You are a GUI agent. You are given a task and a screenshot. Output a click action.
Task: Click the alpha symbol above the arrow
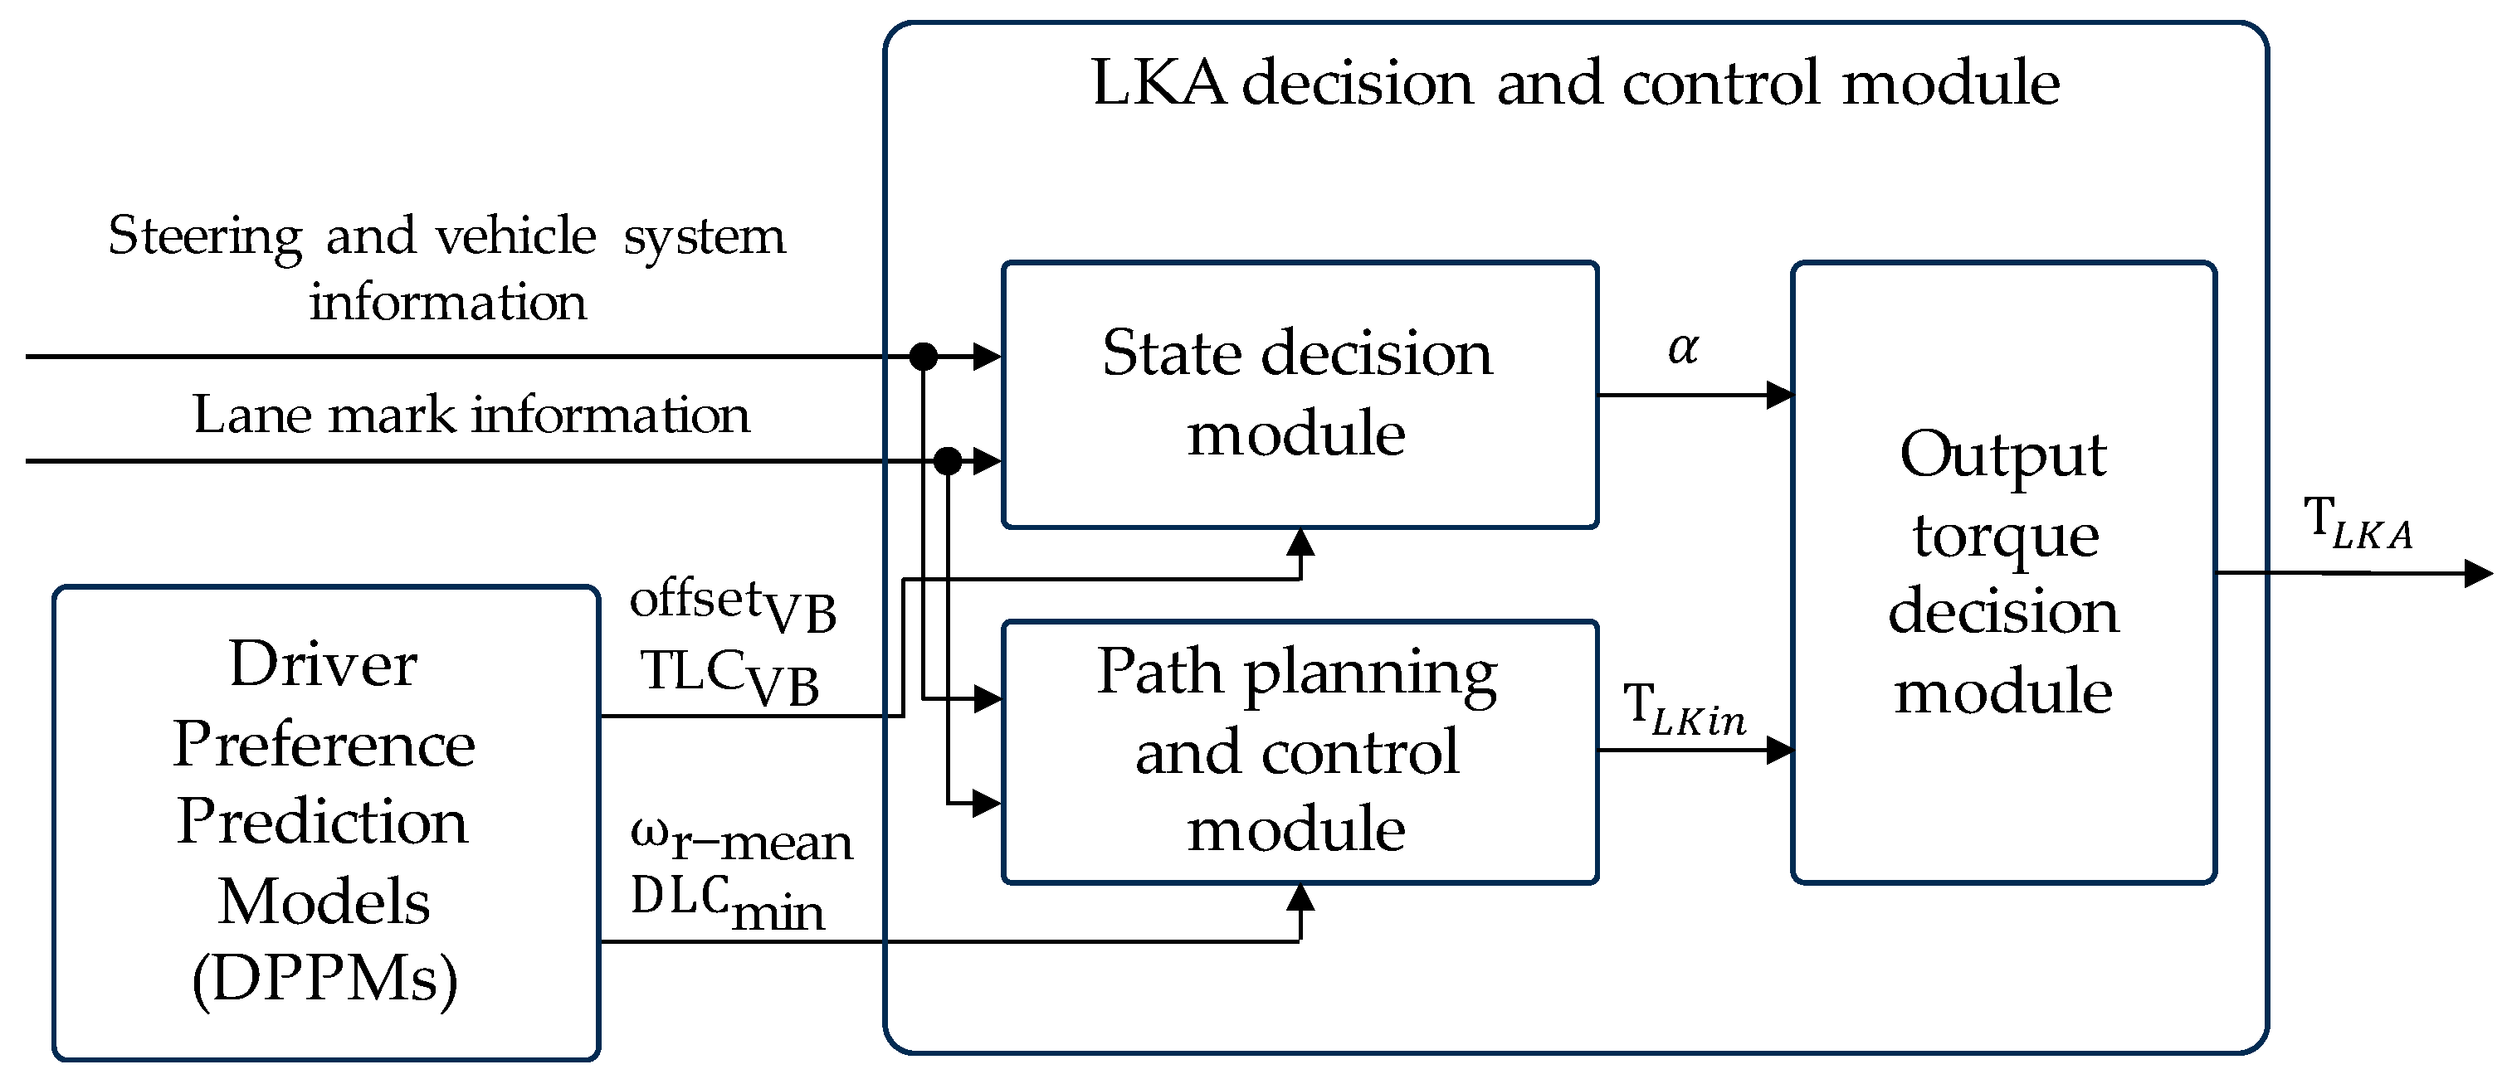click(1683, 348)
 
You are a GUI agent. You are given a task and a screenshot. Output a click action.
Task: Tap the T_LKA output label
click(2357, 523)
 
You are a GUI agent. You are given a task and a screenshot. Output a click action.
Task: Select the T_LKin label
click(1683, 709)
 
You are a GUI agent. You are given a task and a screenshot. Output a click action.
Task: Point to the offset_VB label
click(732, 605)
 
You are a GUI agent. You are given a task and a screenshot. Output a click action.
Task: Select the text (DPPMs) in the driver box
click(324, 978)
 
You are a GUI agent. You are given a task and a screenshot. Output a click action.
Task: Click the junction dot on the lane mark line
click(947, 460)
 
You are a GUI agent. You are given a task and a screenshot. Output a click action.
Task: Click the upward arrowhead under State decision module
click(1300, 542)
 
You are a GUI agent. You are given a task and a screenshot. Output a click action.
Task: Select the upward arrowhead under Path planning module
click(1300, 897)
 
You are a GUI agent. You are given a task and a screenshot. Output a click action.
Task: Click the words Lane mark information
click(471, 416)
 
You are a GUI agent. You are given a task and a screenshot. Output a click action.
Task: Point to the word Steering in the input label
click(204, 236)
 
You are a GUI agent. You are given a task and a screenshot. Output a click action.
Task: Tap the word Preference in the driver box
click(324, 744)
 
